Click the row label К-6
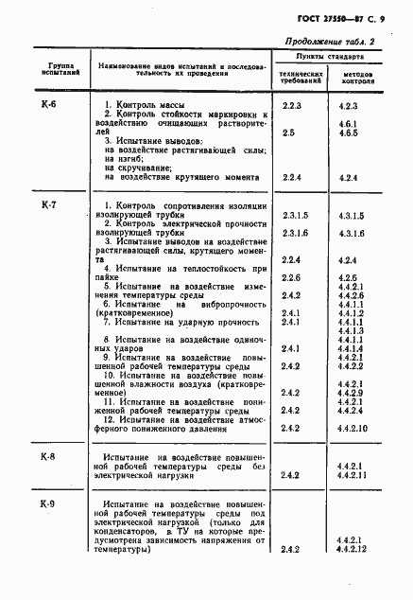[49, 103]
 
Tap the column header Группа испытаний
[49, 69]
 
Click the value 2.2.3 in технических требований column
[291, 106]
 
